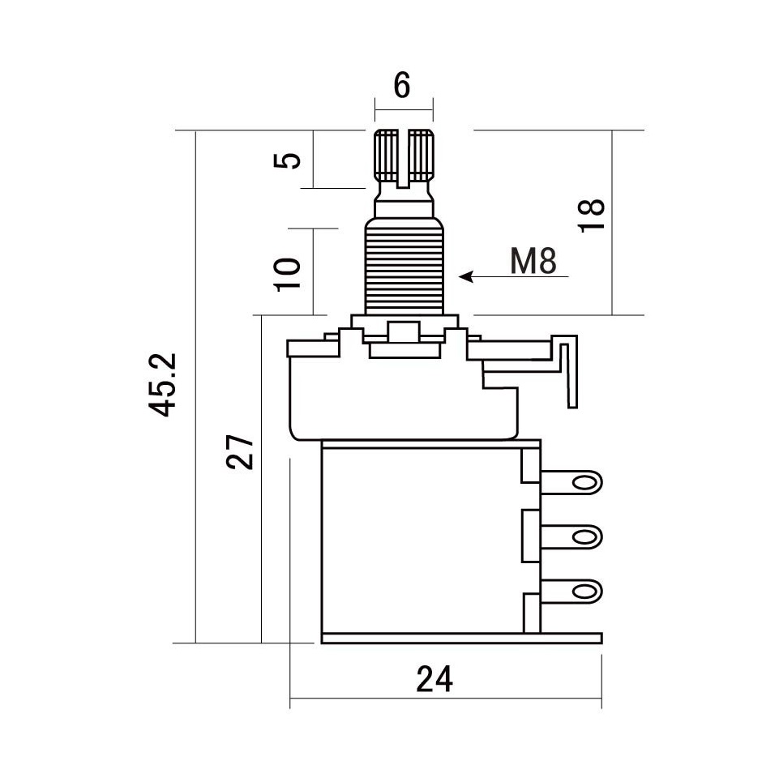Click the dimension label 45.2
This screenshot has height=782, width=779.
click(163, 384)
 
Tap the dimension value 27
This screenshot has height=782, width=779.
click(240, 452)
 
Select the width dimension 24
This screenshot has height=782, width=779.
click(434, 679)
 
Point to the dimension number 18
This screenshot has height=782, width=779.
click(592, 216)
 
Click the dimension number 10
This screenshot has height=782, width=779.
click(288, 274)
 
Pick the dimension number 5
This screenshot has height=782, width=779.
click(288, 160)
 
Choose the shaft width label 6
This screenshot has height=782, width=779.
click(402, 85)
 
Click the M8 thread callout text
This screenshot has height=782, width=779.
click(533, 261)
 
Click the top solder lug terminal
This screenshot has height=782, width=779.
click(571, 483)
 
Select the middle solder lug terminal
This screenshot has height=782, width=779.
click(571, 537)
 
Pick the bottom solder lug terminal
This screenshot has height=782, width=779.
click(571, 592)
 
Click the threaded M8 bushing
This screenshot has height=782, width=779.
click(404, 267)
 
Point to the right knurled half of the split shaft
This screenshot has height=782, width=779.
click(422, 156)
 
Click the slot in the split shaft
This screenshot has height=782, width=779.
click(404, 159)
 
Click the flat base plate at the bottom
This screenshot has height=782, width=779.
click(462, 639)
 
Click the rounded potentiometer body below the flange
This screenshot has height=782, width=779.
click(404, 399)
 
